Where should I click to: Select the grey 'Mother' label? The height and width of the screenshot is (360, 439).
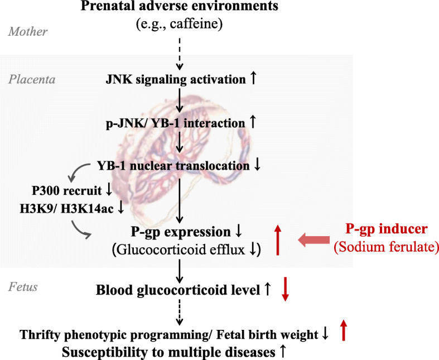click(28, 32)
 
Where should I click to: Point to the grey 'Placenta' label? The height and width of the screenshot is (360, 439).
click(32, 79)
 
